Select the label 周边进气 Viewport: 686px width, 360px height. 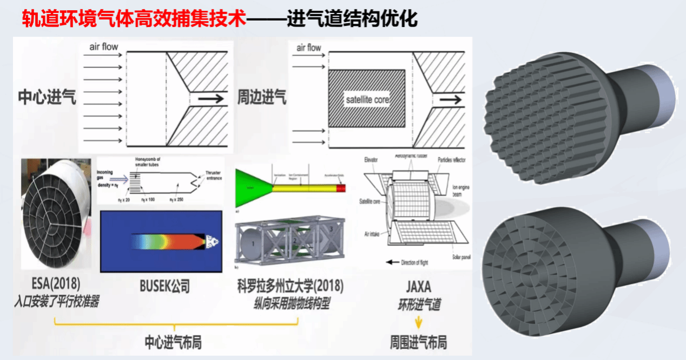point(262,97)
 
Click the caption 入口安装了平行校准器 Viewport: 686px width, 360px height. point(56,302)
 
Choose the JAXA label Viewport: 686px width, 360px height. point(418,286)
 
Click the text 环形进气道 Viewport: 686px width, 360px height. point(418,304)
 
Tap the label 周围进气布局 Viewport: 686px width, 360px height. point(418,343)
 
